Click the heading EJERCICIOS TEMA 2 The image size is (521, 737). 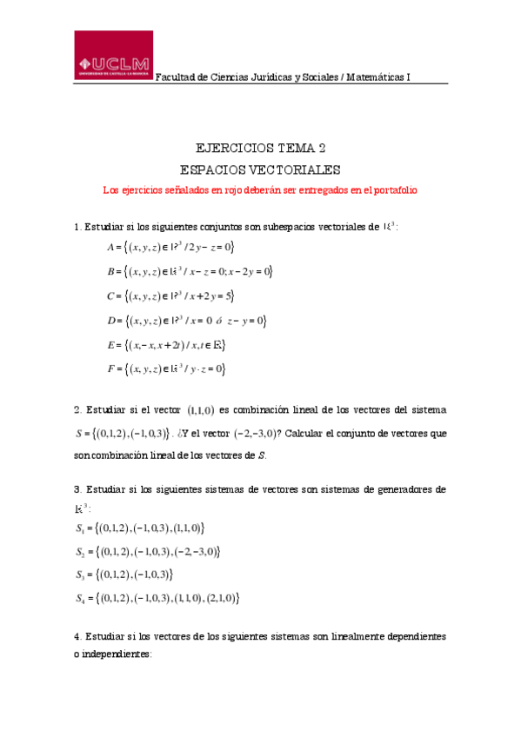click(260, 148)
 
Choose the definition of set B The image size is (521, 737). click(190, 272)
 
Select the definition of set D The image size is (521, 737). click(185, 321)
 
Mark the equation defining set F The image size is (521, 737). click(165, 369)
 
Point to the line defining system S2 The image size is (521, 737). click(148, 551)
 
